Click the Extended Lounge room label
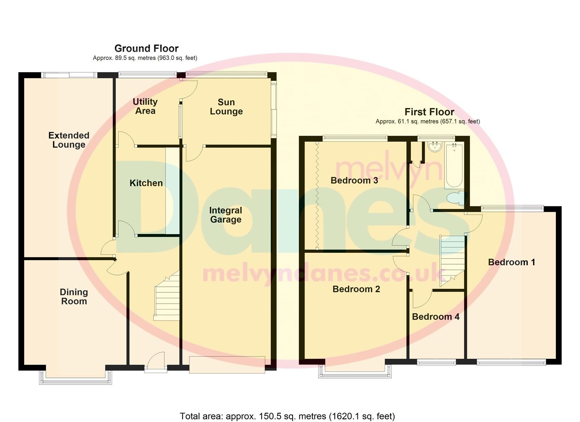[x=69, y=140]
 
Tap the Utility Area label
[x=145, y=106]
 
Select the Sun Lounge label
[x=226, y=107]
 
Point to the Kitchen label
[x=146, y=183]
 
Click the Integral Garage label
[x=225, y=215]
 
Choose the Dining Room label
[x=74, y=297]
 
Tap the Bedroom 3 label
[x=354, y=180]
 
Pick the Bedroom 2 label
[x=356, y=289]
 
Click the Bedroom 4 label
[x=435, y=316]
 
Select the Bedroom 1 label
[x=511, y=262]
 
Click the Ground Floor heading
[x=146, y=48]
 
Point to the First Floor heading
[x=429, y=112]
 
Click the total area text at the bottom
[x=287, y=416]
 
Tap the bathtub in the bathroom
[x=454, y=166]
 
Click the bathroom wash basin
[x=434, y=147]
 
